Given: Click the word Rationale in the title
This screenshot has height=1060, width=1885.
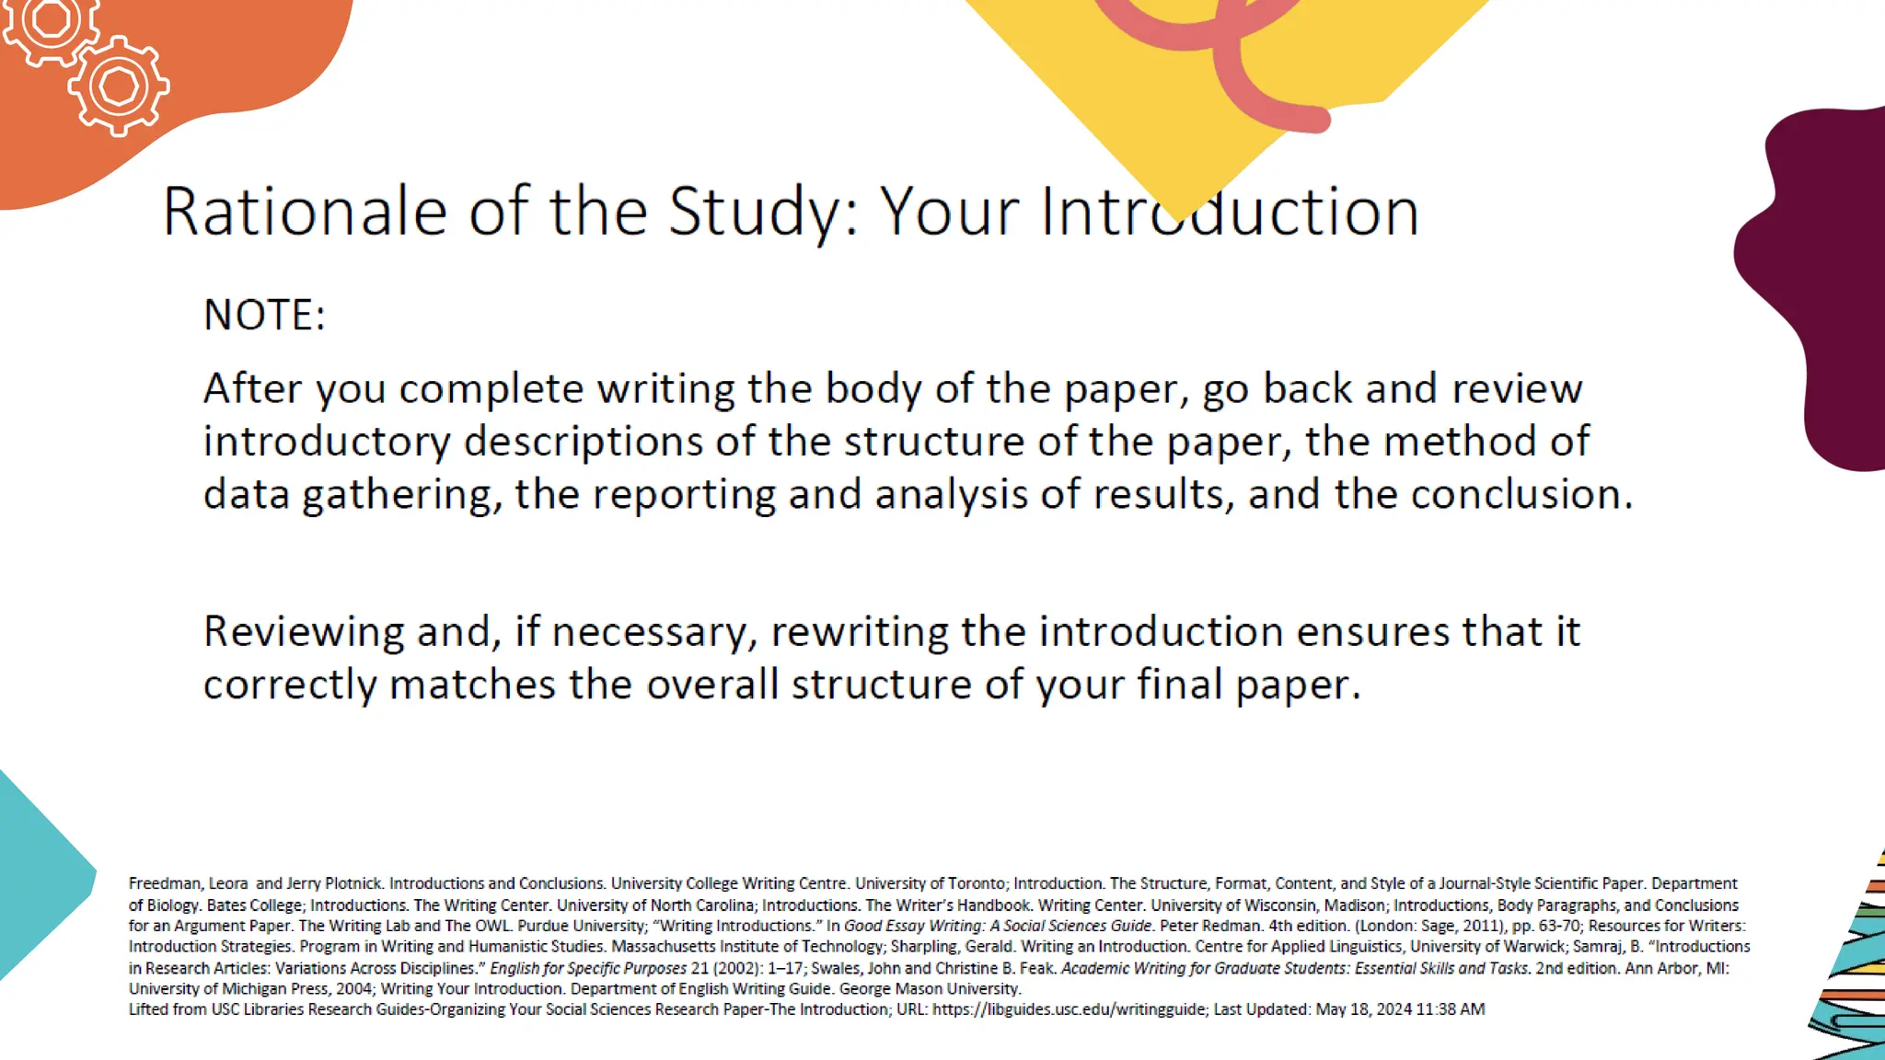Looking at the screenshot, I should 305,212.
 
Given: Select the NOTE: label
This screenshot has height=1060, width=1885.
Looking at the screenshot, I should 264,316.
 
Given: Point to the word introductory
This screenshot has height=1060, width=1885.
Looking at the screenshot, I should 327,443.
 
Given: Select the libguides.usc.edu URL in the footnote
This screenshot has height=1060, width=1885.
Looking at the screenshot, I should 1069,1009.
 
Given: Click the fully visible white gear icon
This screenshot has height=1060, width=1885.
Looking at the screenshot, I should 119,87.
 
